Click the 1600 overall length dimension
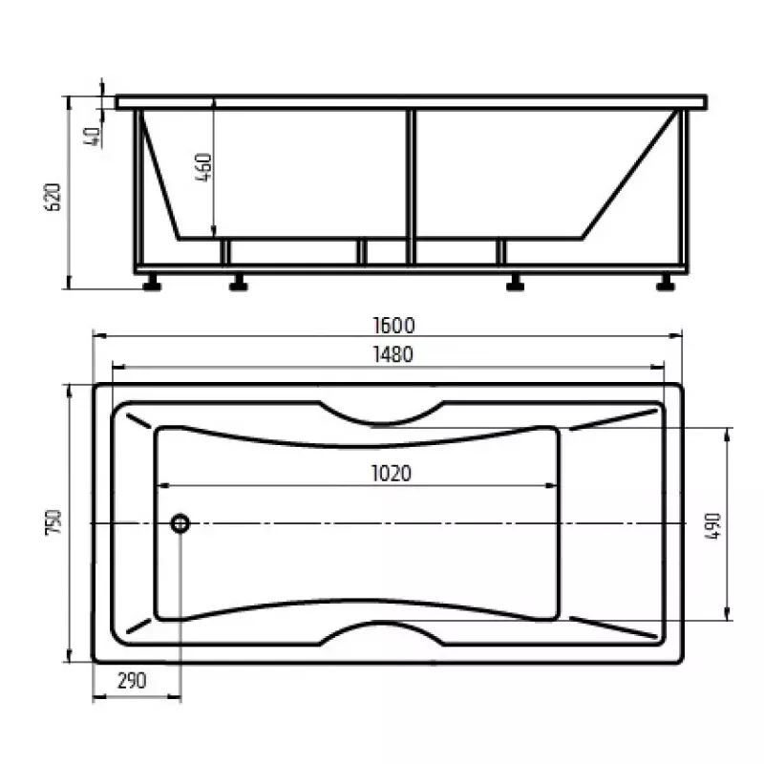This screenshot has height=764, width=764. [x=393, y=326]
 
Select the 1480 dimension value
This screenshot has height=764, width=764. [x=393, y=354]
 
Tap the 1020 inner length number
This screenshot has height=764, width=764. [x=392, y=474]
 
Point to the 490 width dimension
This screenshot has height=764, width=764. [x=712, y=526]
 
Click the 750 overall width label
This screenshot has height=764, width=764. [x=53, y=522]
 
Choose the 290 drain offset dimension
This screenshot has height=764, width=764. [x=132, y=681]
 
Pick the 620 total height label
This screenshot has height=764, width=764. [x=53, y=197]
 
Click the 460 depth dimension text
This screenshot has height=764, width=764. [x=203, y=167]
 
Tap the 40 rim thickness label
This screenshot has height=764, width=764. [x=92, y=137]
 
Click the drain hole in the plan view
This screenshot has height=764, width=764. [x=180, y=523]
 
